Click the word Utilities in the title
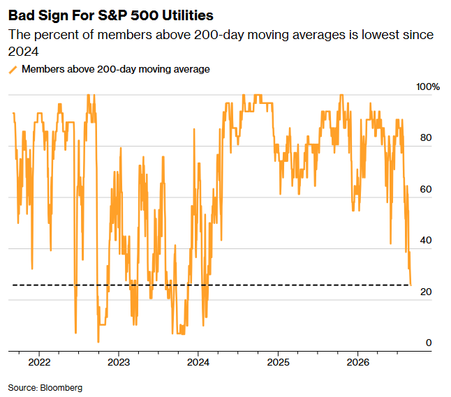tap(188, 15)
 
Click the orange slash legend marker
tap(13, 70)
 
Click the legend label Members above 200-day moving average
tap(116, 69)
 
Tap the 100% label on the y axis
tap(428, 87)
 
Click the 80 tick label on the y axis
tap(426, 137)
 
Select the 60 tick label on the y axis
tap(426, 189)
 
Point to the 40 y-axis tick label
tap(426, 240)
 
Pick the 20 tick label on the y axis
tap(426, 292)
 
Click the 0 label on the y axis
tap(429, 343)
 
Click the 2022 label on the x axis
tap(39, 362)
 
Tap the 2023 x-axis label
tap(119, 362)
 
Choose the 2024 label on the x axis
tap(198, 362)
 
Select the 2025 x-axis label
tap(278, 362)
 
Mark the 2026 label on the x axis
tap(358, 362)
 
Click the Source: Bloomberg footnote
tap(45, 388)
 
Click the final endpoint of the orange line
tap(411, 285)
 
